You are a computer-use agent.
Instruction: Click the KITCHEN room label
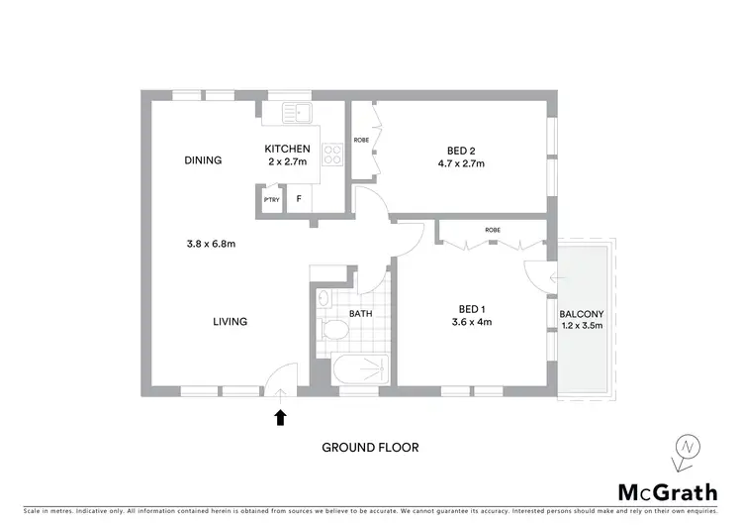point(286,149)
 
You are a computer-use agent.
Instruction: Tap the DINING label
point(202,160)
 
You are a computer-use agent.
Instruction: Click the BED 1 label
point(471,308)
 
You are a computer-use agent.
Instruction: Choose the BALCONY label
point(581,314)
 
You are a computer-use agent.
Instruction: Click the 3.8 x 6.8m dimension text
point(210,244)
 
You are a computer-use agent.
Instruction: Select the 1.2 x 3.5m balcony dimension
point(581,326)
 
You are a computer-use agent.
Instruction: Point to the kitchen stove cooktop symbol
point(333,155)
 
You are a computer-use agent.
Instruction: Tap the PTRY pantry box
point(271,199)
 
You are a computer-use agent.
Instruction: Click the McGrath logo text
point(669,492)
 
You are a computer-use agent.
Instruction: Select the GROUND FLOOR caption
point(370,448)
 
